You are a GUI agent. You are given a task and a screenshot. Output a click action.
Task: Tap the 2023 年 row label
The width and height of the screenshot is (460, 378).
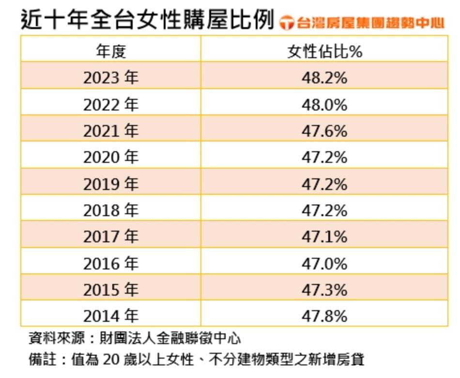[111, 78]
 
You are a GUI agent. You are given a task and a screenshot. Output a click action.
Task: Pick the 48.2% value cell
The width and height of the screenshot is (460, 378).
[324, 78]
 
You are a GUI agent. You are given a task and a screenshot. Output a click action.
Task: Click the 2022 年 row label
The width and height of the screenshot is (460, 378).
[111, 104]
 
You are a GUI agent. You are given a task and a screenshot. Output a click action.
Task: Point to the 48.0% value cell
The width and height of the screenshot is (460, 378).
[324, 104]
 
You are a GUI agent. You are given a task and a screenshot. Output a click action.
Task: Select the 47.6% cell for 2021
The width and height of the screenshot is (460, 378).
[324, 131]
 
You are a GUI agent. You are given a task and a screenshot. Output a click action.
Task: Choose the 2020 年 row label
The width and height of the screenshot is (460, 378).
[111, 157]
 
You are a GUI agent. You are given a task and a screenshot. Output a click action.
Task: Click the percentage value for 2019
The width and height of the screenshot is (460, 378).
[324, 184]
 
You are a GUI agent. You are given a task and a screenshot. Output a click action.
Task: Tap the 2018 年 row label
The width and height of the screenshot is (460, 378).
[111, 210]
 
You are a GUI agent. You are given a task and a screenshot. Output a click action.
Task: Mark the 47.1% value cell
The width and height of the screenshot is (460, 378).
[324, 236]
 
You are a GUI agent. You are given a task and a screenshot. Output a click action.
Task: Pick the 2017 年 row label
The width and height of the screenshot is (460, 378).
[111, 236]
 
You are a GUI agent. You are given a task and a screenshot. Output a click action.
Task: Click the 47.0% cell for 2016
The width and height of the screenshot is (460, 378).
[324, 263]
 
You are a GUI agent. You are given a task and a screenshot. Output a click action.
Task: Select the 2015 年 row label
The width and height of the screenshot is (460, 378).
[111, 290]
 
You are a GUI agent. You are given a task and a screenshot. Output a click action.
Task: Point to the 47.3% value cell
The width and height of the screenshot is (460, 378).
[324, 290]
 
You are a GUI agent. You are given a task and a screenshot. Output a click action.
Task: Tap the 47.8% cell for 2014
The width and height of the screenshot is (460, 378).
[324, 316]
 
